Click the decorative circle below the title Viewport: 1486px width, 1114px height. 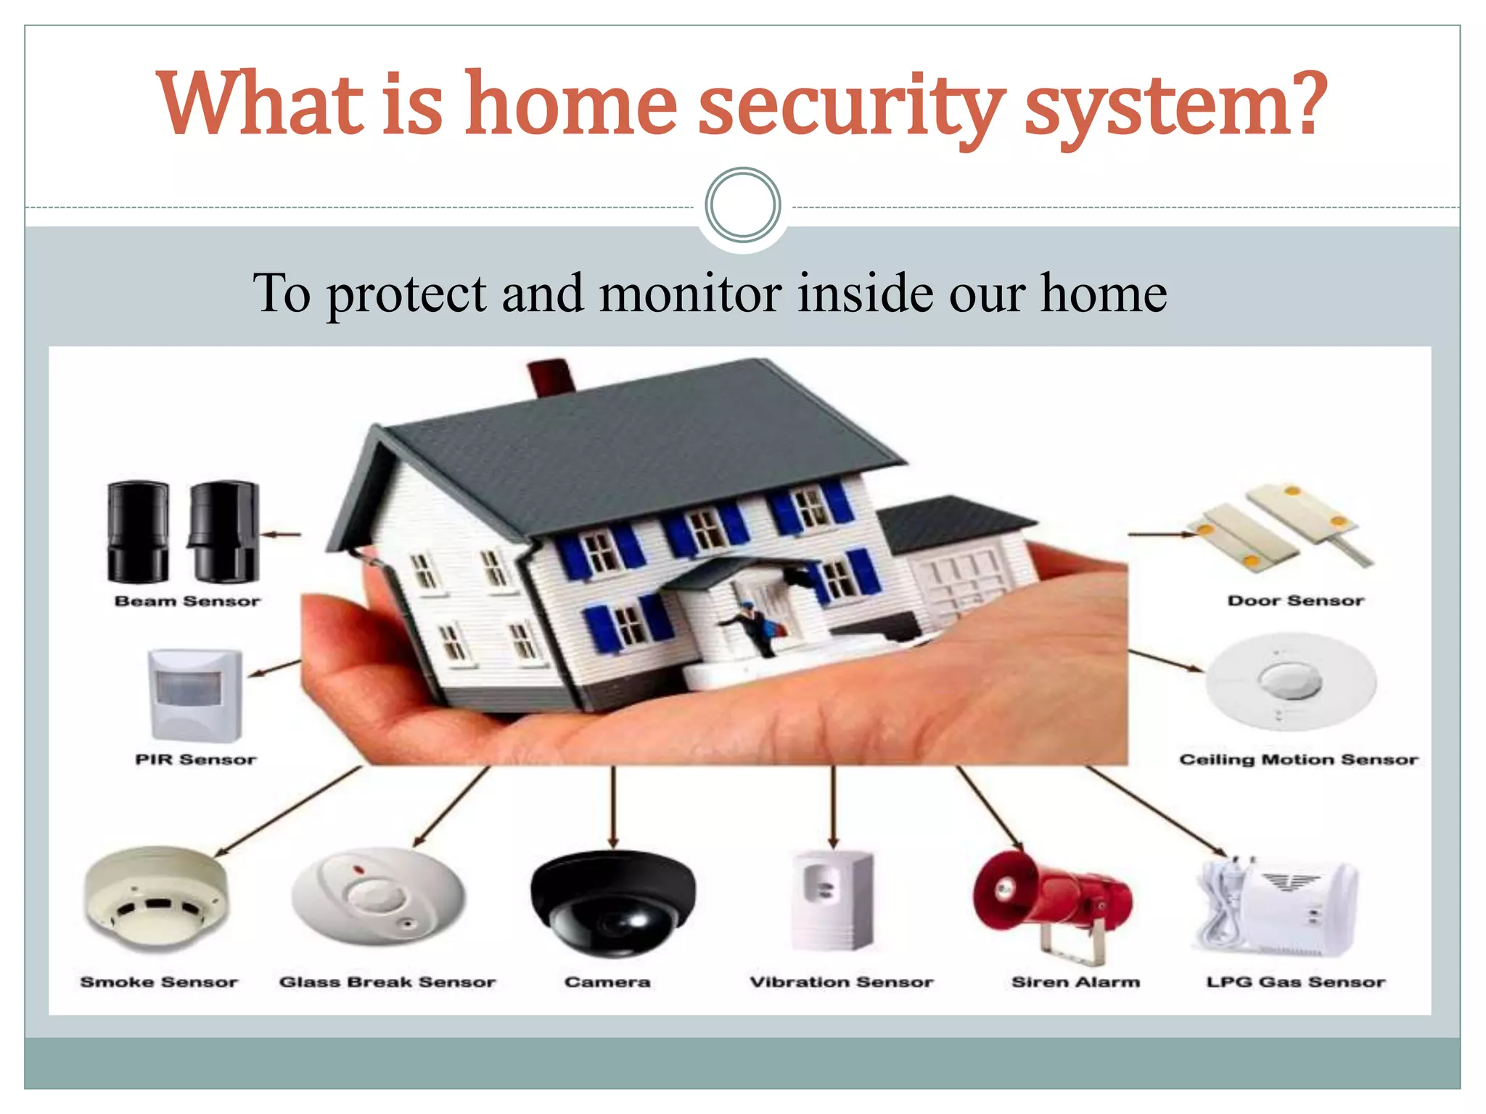[742, 205]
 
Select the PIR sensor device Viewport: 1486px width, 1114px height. [194, 694]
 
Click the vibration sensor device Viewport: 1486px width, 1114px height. [833, 899]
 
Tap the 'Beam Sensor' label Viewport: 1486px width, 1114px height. [187, 601]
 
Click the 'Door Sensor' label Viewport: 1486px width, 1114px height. [1295, 601]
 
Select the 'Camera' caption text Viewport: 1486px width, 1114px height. [607, 982]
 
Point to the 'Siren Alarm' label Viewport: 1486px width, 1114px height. [1075, 982]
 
